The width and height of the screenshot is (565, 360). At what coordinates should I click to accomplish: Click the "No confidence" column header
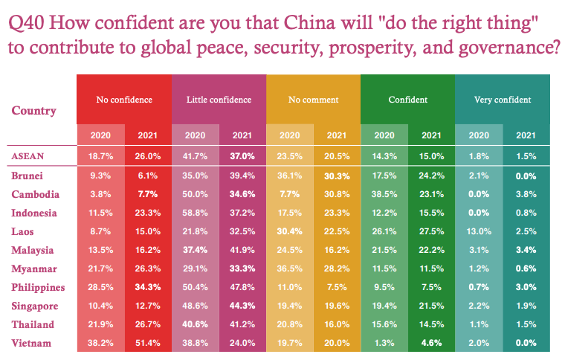[x=124, y=100]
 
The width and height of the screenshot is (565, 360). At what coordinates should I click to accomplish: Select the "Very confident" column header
[x=502, y=100]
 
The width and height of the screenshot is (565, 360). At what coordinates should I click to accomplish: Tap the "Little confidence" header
[x=219, y=100]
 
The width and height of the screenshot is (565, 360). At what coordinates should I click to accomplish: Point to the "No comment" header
[x=313, y=100]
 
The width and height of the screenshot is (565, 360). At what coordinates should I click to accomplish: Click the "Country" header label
[x=34, y=111]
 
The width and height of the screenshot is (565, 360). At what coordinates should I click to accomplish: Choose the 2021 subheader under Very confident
[x=526, y=135]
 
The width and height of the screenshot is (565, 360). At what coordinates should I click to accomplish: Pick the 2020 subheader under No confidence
[x=101, y=135]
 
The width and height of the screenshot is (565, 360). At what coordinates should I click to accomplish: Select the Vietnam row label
[x=32, y=341]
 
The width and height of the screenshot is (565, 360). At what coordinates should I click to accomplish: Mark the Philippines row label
[x=39, y=286]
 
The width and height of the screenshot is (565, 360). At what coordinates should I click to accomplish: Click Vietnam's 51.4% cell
[x=148, y=341]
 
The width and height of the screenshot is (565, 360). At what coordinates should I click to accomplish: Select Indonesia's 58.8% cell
[x=196, y=212]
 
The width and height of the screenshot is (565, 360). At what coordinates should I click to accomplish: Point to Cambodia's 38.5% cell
[x=384, y=194]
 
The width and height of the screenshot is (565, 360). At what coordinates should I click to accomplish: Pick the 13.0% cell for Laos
[x=479, y=231]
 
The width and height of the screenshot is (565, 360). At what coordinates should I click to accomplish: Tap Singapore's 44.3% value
[x=242, y=305]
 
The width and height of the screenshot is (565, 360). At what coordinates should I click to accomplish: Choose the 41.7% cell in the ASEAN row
[x=196, y=156]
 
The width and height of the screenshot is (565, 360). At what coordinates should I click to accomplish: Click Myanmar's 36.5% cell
[x=290, y=268]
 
